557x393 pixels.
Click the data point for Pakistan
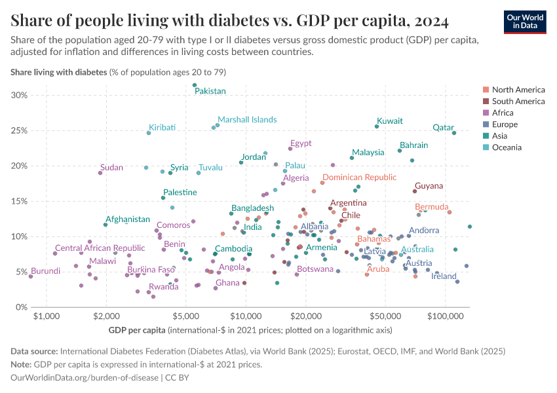point(195,85)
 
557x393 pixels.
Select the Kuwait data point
point(377,126)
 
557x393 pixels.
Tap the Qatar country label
point(444,128)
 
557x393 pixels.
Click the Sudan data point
point(100,173)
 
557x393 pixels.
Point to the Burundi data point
point(30,276)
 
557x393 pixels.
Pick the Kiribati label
point(162,127)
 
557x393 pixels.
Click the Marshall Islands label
point(247,120)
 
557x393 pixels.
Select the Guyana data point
point(415,191)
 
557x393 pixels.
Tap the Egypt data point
point(290,149)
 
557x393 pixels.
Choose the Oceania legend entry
point(507,147)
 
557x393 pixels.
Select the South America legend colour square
point(486,102)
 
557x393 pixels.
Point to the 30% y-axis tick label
point(19,96)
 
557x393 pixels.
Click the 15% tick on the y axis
point(19,202)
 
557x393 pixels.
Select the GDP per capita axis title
point(136,329)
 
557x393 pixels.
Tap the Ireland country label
point(444,276)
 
